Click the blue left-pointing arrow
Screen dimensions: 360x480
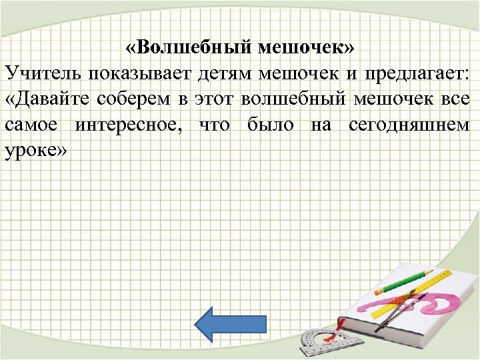coord(229,325)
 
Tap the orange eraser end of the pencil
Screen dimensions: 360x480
coord(378,292)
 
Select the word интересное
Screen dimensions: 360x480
coord(133,124)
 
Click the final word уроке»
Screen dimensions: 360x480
coord(36,149)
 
